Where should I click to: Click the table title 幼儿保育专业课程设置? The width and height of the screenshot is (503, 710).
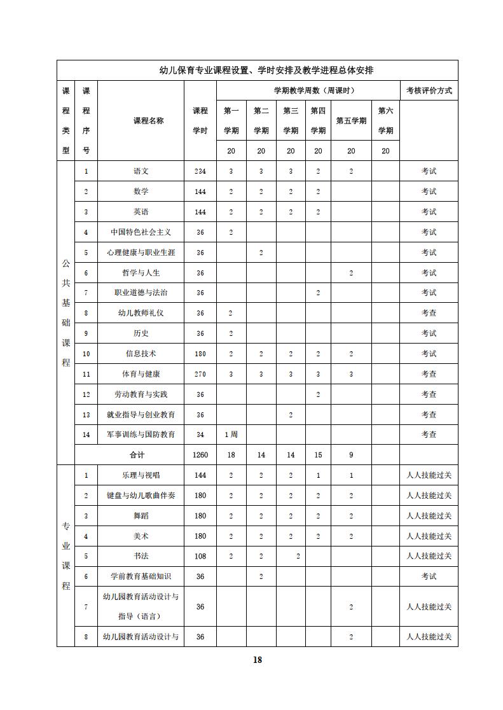click(257, 70)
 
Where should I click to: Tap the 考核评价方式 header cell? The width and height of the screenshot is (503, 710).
click(429, 90)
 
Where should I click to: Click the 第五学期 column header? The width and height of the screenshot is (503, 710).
click(351, 121)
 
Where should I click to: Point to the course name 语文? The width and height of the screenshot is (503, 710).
click(141, 171)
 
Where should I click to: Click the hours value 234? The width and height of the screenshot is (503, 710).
click(200, 171)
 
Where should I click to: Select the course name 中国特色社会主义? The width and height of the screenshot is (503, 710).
click(141, 232)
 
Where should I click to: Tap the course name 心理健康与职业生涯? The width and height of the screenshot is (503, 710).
click(141, 253)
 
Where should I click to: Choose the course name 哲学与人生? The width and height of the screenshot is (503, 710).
click(141, 273)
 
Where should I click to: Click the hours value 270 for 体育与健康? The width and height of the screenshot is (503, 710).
click(200, 374)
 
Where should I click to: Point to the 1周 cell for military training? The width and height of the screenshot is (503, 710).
click(231, 435)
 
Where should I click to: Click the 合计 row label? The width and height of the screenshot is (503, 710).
click(137, 455)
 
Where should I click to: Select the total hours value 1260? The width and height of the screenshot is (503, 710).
click(200, 455)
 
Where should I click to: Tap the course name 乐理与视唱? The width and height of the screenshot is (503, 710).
click(141, 475)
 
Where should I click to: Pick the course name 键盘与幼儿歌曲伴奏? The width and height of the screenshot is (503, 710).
click(141, 496)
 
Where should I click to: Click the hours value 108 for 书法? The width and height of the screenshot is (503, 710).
click(200, 556)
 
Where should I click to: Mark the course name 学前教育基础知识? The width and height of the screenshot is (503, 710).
click(141, 576)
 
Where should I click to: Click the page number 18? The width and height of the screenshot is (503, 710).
click(257, 660)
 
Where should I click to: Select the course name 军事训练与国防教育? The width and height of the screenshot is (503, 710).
click(141, 435)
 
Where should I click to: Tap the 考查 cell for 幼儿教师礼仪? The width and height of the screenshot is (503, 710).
click(429, 313)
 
